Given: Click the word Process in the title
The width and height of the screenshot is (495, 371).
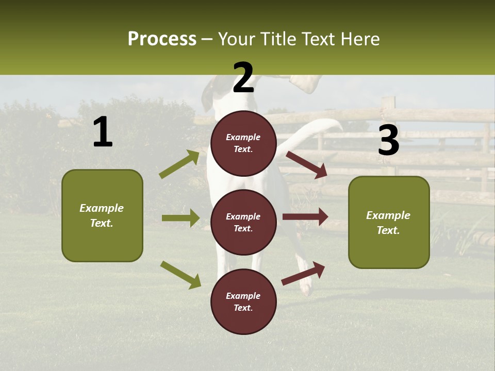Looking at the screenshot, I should point(162,39).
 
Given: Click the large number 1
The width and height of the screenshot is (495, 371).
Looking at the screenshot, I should point(103,132).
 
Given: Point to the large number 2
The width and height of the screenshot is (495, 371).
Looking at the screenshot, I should point(243,78).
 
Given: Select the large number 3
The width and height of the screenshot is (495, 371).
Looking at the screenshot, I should point(388,141).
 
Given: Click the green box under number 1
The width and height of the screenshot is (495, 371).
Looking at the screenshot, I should point(102,215).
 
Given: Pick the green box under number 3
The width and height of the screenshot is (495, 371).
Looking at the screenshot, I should point(389,223).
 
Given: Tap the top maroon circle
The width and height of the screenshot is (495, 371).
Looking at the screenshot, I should point(243,143).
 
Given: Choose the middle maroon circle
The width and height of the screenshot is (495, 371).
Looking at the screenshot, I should point(243,222).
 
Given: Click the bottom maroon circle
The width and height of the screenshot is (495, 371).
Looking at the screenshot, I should point(243,301).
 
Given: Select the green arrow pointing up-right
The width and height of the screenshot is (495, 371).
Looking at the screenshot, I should point(179,164).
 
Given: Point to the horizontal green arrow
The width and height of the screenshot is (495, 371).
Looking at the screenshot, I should point(180,218).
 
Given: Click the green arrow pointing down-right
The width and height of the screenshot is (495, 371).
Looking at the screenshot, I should point(180,274).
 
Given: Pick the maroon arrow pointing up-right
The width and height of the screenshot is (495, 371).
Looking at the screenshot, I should point(304,274).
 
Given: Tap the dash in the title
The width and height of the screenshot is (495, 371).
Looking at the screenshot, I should point(207,40).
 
